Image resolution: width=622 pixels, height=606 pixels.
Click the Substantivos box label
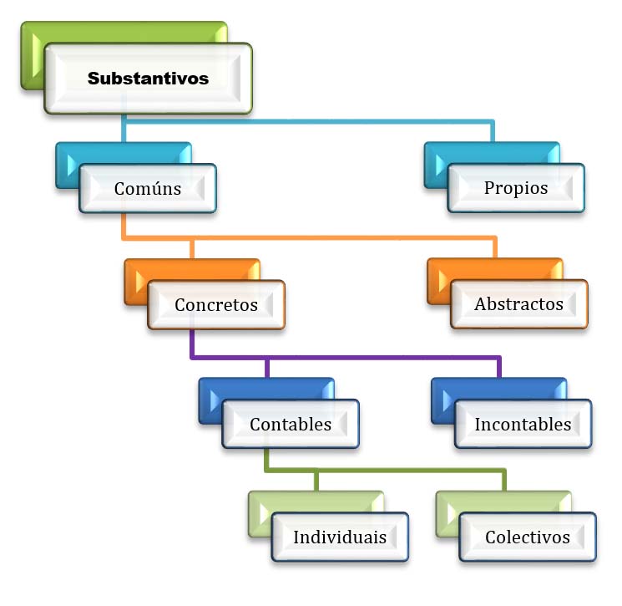point(148,79)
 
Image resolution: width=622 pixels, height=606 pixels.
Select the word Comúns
point(148,187)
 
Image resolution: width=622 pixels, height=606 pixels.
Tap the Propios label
point(516,187)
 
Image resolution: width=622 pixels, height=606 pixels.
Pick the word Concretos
point(216,304)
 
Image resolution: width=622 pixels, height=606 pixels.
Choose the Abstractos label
point(518,304)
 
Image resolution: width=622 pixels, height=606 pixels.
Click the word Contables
point(291,424)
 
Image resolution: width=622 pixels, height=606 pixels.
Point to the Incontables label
point(523,424)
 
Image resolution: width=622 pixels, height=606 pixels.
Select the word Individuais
point(340,537)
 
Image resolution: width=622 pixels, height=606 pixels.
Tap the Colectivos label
point(528,537)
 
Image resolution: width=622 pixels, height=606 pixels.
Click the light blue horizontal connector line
point(309,122)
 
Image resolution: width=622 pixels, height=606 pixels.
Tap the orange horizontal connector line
point(309,239)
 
